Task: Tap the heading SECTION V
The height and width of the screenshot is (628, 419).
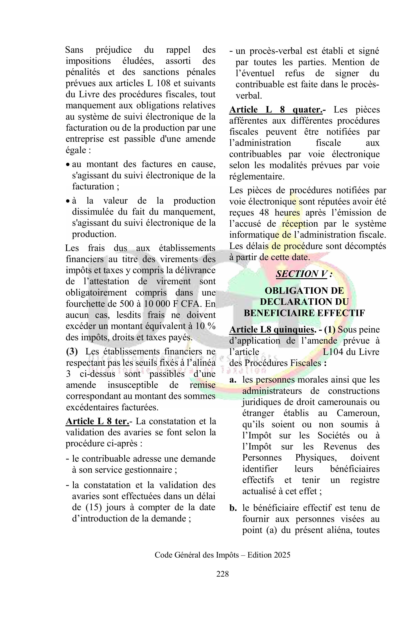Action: [x=302, y=274]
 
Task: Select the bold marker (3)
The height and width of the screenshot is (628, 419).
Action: [x=72, y=352]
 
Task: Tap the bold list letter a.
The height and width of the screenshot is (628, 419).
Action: [x=233, y=380]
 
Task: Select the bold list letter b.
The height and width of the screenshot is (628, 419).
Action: [x=233, y=508]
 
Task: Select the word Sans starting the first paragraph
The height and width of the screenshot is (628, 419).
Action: [x=74, y=50]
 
